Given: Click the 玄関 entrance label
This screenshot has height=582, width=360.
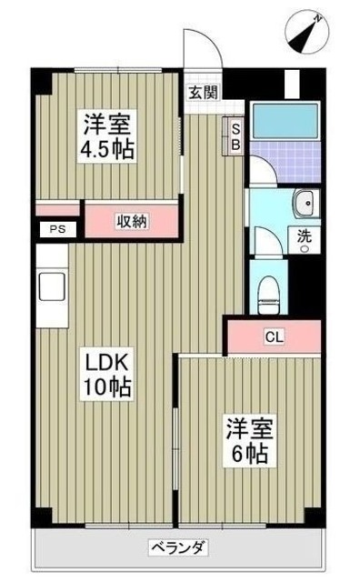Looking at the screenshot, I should tap(203, 91).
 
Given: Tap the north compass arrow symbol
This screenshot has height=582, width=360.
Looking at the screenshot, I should tap(307, 33).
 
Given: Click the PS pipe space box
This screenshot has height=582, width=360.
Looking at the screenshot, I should tap(57, 230).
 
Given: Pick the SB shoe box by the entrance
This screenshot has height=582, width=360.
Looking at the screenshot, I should tap(235, 137).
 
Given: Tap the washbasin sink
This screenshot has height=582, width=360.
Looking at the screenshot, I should tap(302, 202).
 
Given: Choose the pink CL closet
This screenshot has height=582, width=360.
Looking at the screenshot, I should tap(274, 336).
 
